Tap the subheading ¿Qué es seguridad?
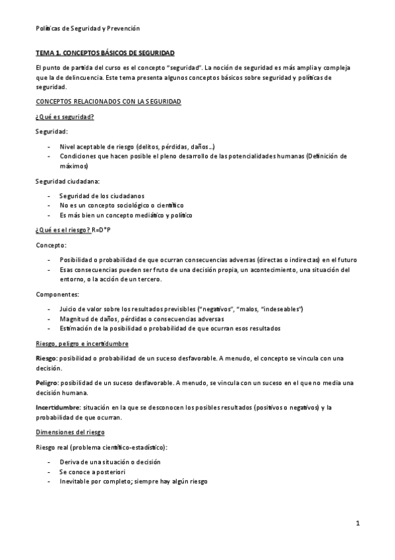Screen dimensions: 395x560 point(65,116)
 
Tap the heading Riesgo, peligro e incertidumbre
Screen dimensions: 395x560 point(82,344)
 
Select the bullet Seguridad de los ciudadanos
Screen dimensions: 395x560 point(102,195)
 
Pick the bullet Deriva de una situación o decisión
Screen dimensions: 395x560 point(109,462)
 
